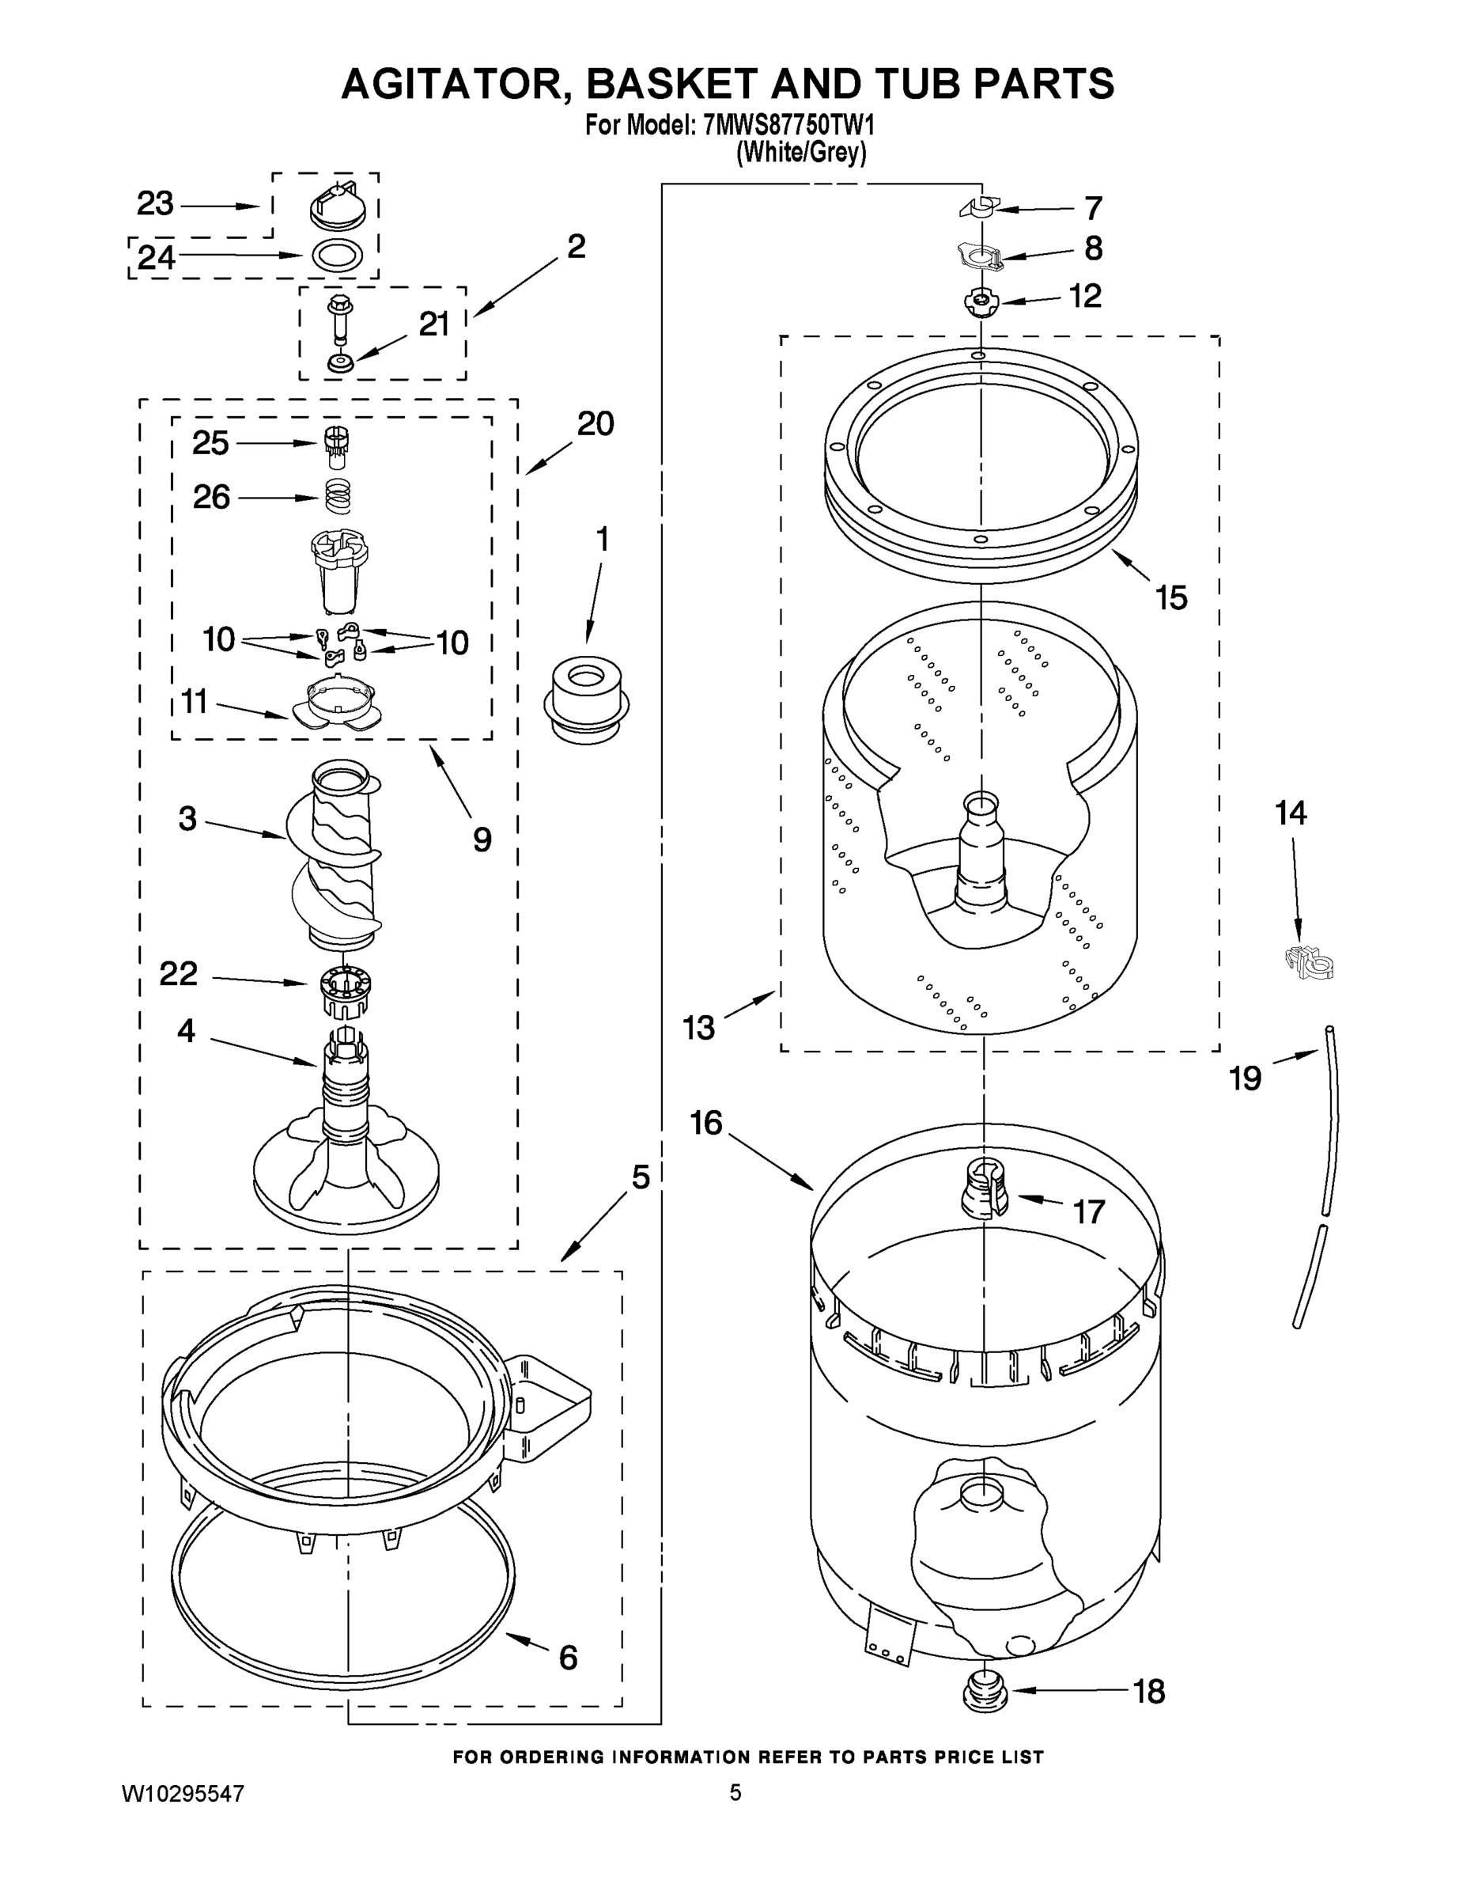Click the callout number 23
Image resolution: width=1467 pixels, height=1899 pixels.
155,203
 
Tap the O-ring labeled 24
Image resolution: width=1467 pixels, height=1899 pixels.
337,255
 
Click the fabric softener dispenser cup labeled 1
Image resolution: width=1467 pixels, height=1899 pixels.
587,696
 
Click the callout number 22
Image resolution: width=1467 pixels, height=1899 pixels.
178,973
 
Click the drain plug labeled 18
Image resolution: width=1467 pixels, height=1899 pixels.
985,1692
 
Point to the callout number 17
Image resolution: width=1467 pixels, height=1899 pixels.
1088,1211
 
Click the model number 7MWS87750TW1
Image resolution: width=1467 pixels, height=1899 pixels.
788,126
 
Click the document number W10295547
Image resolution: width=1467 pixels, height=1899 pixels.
183,1793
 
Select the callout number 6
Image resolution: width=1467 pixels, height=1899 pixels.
568,1658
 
